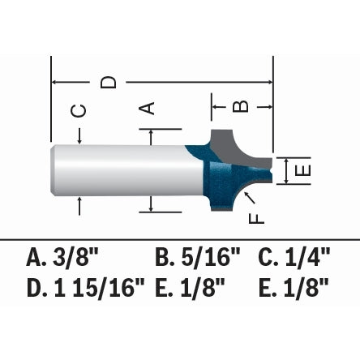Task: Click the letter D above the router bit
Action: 108,83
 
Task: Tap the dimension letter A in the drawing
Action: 147,108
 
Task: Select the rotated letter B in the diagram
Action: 240,106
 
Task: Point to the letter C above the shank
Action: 79,111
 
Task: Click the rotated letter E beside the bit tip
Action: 302,170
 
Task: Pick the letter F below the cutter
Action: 256,219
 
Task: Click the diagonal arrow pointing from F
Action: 250,197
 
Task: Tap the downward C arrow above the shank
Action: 79,136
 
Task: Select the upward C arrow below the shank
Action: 79,206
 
